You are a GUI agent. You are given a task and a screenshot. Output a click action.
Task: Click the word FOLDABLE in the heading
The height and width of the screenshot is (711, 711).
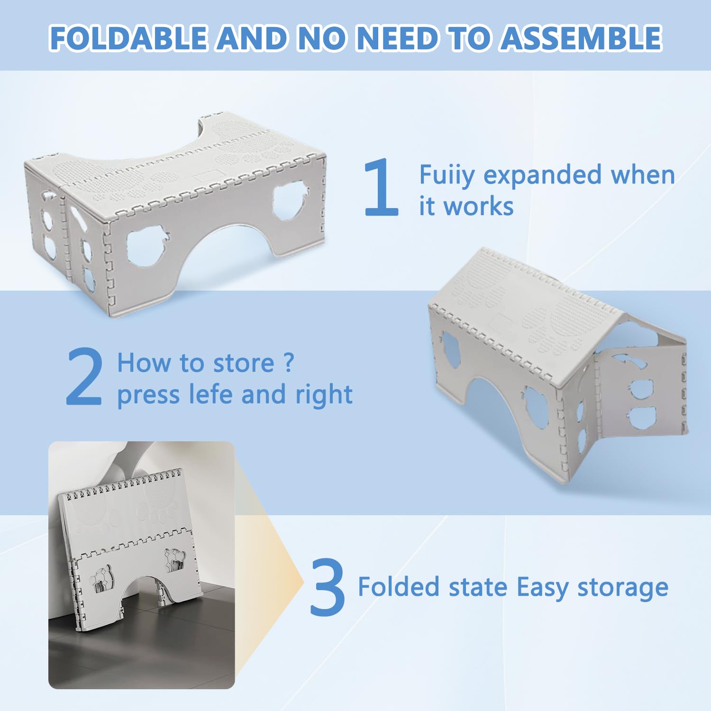[x=128, y=38]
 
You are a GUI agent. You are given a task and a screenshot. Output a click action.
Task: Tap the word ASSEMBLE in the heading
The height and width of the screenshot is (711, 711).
[x=581, y=38]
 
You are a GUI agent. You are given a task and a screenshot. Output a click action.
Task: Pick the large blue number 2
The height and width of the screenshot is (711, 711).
[x=84, y=376]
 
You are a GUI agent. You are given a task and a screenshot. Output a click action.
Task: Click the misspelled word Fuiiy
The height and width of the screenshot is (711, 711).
[x=447, y=175]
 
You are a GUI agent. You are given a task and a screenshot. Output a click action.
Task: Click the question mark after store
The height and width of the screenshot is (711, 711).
[x=289, y=363]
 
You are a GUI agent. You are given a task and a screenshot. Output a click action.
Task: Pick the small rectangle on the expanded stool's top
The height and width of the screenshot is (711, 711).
[x=209, y=175]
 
